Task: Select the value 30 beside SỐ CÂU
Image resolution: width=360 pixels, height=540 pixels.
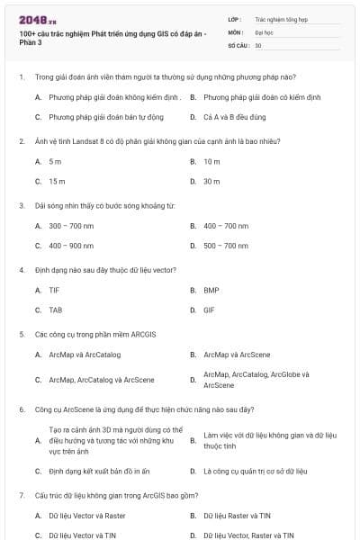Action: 258,44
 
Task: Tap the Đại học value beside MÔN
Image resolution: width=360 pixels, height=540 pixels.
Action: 263,31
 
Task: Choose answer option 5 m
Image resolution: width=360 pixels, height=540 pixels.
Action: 55,161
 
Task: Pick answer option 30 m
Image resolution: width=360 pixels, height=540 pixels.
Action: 211,181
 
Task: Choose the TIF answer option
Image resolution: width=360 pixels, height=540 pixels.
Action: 55,291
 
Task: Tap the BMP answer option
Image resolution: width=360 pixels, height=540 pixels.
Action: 211,291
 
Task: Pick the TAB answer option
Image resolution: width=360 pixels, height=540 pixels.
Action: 56,310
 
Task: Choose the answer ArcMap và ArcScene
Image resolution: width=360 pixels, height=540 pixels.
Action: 237,355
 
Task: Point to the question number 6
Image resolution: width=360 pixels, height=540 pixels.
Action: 21,409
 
